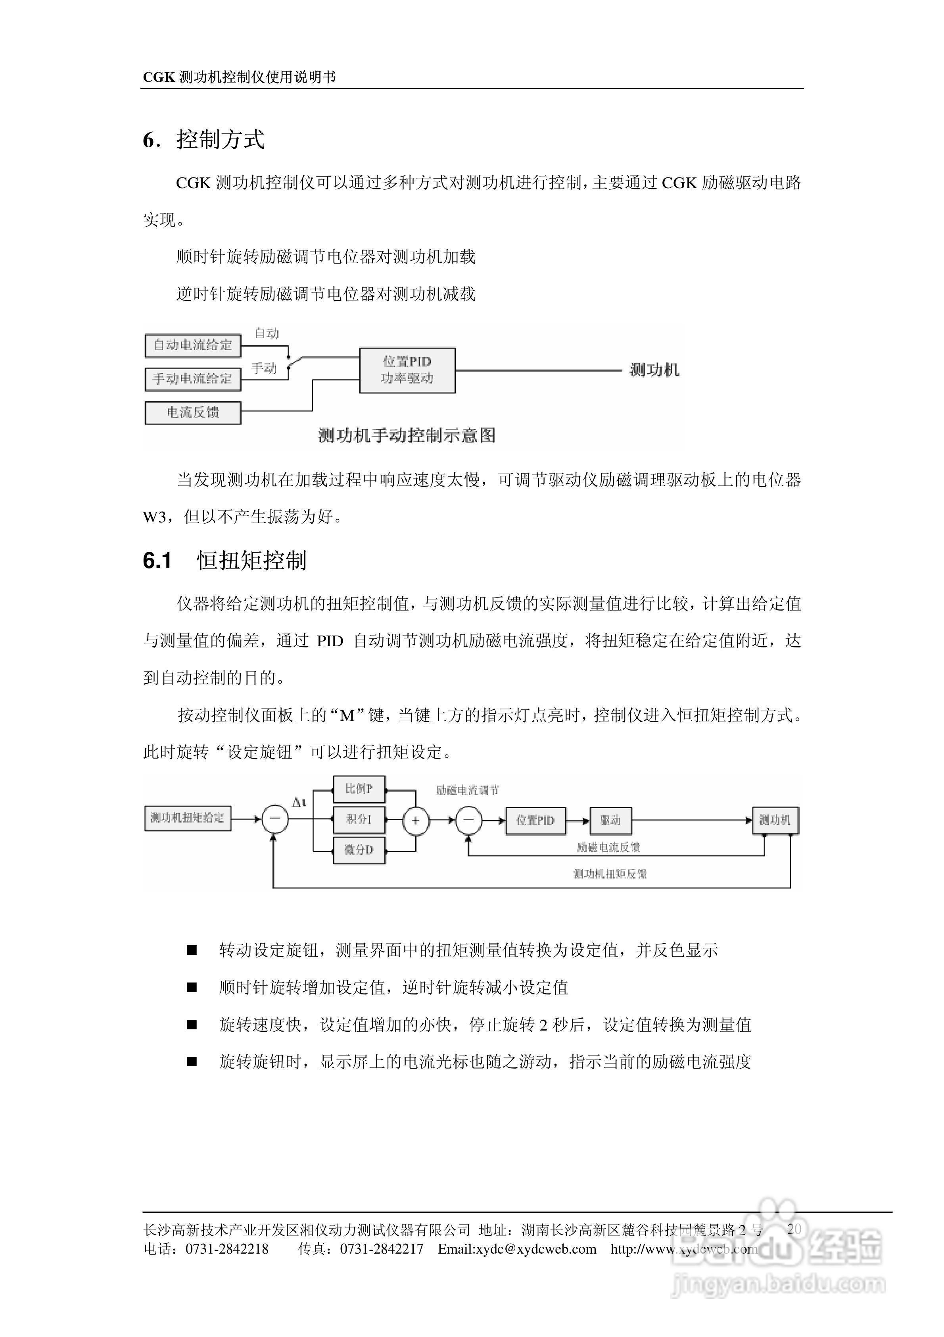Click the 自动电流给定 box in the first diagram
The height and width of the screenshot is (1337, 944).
[x=193, y=345]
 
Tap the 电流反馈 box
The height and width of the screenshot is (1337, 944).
[x=193, y=413]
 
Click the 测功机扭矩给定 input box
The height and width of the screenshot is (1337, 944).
[x=187, y=818]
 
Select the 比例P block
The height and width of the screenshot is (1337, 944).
[x=359, y=789]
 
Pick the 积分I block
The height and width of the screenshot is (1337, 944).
[x=359, y=819]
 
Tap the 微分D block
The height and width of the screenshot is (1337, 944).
[x=359, y=850]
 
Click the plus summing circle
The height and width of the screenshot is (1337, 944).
[x=416, y=821]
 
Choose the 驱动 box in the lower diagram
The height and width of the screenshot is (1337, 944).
[x=610, y=821]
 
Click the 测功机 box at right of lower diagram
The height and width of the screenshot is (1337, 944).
[x=775, y=821]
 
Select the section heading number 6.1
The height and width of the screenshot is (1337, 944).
[x=157, y=561]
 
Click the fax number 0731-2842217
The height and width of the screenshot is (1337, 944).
[x=382, y=1249]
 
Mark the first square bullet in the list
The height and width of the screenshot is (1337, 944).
[x=192, y=950]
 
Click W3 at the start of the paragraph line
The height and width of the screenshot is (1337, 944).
[x=154, y=516]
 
